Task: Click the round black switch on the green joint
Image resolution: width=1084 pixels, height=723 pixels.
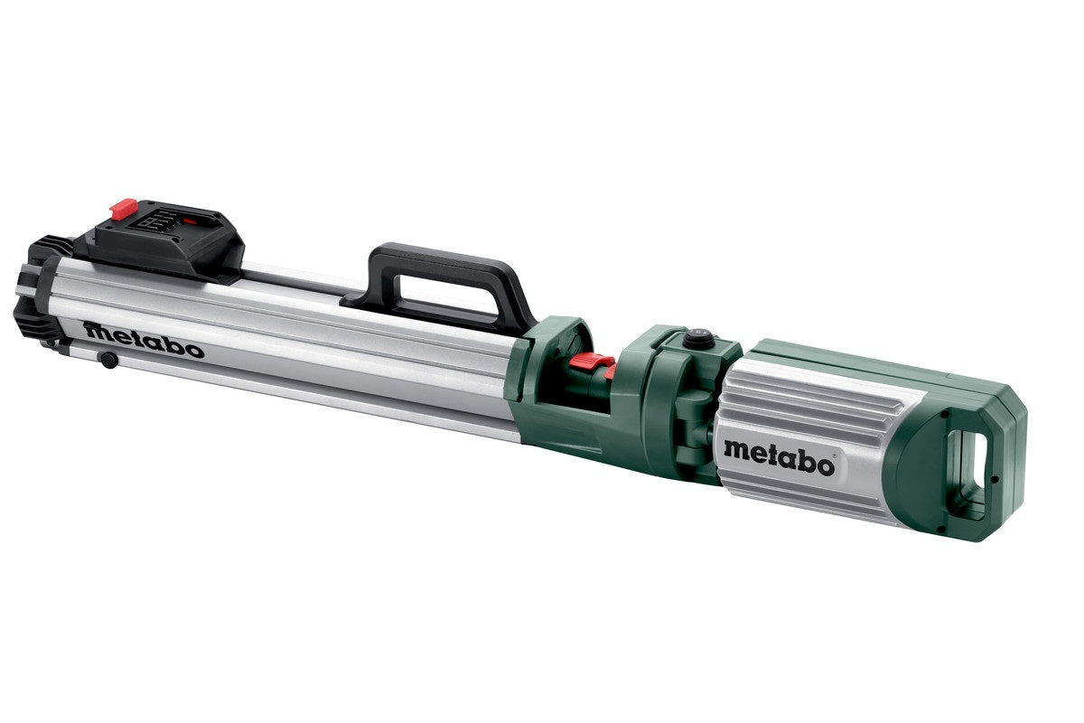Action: (x=697, y=339)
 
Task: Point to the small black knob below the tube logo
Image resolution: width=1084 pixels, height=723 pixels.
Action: (x=108, y=361)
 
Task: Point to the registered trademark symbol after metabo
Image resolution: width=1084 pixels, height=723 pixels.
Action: (x=836, y=458)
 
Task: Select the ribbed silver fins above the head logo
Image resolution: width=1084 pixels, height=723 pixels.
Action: (x=795, y=398)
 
